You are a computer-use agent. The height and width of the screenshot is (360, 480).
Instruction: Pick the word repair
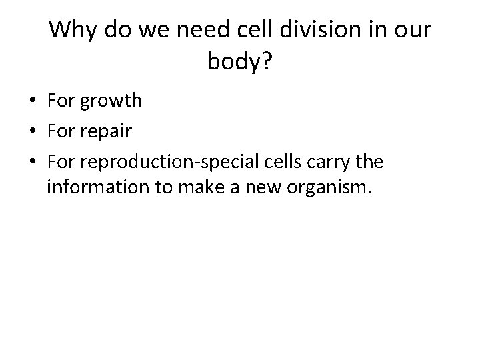pyautogui.click(x=104, y=132)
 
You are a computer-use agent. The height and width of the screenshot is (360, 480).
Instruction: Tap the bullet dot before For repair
pyautogui.click(x=31, y=131)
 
